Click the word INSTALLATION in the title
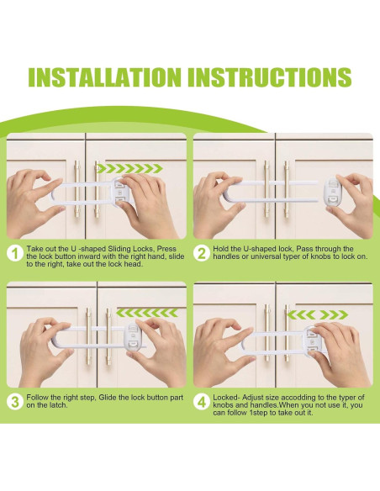[104, 77]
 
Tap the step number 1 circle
[14, 253]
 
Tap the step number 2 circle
[201, 253]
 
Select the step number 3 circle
[14, 402]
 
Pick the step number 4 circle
[201, 402]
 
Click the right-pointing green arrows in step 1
[129, 168]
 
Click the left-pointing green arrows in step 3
[147, 313]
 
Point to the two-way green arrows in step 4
[318, 314]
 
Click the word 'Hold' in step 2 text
[220, 249]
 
